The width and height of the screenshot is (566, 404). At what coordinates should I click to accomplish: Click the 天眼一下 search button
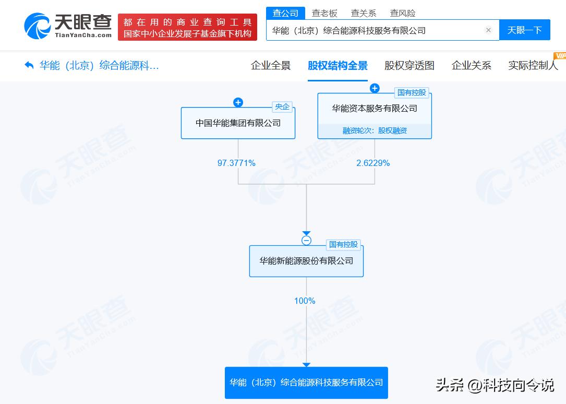click(x=524, y=30)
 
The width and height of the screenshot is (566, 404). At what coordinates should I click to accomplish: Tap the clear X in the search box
click(x=488, y=30)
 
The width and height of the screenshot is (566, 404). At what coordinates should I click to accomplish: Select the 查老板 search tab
click(x=324, y=14)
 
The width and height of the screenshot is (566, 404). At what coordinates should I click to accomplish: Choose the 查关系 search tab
click(x=364, y=14)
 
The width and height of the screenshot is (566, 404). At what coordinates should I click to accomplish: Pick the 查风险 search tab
click(x=403, y=14)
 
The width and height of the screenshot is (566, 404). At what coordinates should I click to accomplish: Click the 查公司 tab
click(x=285, y=14)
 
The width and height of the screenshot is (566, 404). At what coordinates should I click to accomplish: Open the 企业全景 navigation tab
click(x=271, y=65)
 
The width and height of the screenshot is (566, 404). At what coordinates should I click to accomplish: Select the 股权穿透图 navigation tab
click(x=410, y=65)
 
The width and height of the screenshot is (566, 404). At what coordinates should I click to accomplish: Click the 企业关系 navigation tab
click(x=472, y=65)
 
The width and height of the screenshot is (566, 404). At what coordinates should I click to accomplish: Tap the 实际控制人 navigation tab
click(x=533, y=65)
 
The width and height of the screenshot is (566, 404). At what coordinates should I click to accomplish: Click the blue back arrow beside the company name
click(x=29, y=65)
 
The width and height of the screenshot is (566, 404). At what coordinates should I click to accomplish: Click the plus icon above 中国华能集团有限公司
click(x=238, y=102)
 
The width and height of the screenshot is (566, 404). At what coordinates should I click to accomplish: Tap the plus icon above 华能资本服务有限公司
click(x=375, y=88)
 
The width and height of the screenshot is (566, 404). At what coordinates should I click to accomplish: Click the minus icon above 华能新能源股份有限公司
click(x=306, y=241)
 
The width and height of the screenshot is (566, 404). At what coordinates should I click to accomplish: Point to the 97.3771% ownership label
click(x=236, y=163)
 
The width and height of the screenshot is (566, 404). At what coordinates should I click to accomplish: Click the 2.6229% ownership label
click(x=373, y=163)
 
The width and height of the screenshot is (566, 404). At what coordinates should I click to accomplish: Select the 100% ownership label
click(x=305, y=301)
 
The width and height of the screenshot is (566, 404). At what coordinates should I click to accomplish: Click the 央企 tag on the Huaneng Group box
click(x=282, y=107)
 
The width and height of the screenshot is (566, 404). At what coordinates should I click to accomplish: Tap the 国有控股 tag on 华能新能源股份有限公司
click(x=343, y=244)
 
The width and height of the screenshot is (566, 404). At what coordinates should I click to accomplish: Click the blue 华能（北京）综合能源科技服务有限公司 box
click(x=306, y=383)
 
